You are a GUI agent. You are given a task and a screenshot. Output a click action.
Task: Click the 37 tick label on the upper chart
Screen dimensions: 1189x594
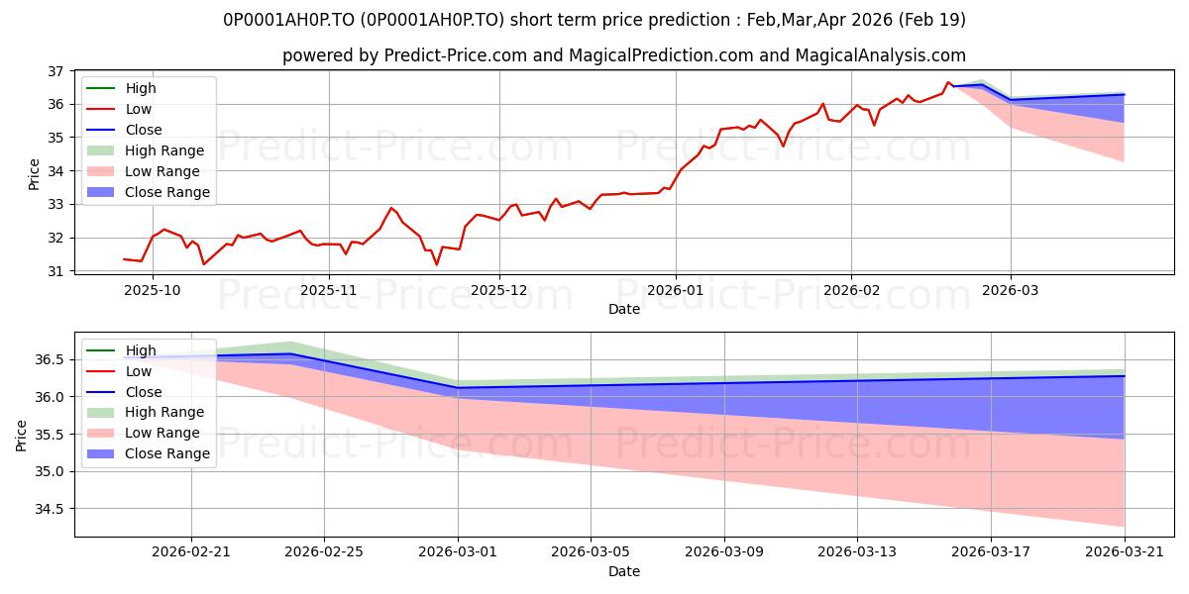[55, 71]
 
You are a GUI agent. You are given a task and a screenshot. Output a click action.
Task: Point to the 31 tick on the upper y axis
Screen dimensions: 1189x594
[55, 271]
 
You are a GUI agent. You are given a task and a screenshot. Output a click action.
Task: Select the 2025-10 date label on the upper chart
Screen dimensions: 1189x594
[153, 291]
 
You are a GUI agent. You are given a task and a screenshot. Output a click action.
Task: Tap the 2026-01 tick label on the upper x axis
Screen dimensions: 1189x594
[675, 291]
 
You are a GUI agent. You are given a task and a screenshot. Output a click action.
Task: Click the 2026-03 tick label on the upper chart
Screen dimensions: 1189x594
[1010, 291]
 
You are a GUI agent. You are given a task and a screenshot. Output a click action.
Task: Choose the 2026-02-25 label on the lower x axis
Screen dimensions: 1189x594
[324, 552]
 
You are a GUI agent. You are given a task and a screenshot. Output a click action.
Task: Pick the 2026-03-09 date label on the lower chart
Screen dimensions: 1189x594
[724, 552]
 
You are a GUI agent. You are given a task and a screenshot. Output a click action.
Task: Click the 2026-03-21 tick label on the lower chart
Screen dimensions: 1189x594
[1125, 552]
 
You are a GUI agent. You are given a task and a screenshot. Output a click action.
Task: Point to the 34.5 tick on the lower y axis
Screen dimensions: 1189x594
[49, 509]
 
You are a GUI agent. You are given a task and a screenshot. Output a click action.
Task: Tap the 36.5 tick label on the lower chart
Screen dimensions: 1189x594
[49, 359]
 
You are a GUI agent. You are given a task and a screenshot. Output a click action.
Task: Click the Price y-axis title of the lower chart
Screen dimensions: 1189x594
[21, 436]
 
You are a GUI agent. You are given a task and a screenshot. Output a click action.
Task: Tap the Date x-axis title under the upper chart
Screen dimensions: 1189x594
[624, 309]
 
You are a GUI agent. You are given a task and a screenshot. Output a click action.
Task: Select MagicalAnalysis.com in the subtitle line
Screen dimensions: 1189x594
[881, 55]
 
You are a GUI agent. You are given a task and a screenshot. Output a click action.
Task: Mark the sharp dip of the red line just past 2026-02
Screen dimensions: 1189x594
[874, 125]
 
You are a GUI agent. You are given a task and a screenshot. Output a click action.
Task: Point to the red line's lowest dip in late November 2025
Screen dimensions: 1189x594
[436, 264]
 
